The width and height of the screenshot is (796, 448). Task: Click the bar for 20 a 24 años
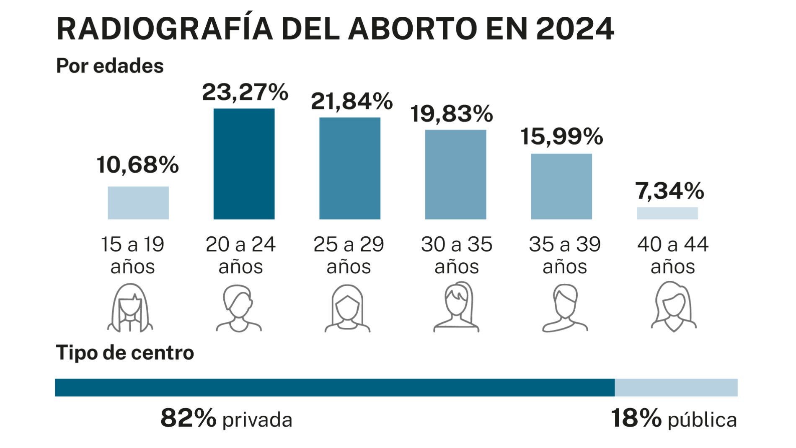click(x=244, y=164)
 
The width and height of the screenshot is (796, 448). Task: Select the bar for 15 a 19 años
click(x=138, y=203)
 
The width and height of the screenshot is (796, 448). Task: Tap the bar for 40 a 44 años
click(x=667, y=213)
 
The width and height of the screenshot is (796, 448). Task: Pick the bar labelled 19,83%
click(x=455, y=174)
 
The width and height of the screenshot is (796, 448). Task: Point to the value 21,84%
click(x=351, y=101)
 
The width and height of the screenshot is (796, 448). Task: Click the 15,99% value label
click(x=561, y=137)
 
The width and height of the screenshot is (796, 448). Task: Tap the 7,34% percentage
click(x=669, y=191)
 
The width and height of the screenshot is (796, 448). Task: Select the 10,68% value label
click(x=137, y=165)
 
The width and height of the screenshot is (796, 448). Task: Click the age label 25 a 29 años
click(x=349, y=255)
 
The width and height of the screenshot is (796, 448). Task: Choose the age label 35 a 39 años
click(x=564, y=255)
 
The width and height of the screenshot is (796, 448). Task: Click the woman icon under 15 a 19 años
click(x=130, y=308)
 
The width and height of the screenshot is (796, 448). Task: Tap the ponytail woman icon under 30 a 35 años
click(x=456, y=307)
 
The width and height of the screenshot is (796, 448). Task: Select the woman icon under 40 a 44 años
click(x=673, y=307)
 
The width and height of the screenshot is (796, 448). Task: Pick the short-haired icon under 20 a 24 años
click(x=239, y=308)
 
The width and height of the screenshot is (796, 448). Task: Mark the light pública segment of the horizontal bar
click(x=676, y=388)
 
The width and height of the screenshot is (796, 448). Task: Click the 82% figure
click(x=188, y=418)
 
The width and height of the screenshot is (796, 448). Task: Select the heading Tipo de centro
click(x=125, y=353)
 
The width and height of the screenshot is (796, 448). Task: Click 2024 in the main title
click(x=574, y=29)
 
